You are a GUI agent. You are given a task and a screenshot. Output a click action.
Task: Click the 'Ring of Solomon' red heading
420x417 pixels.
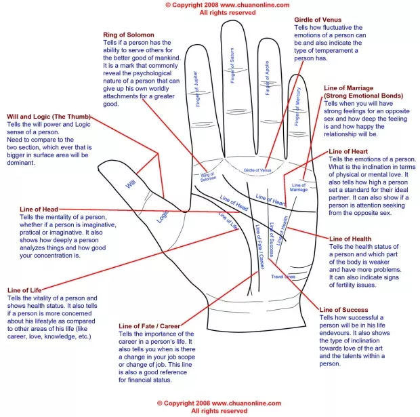pyautogui.click(x=129, y=35)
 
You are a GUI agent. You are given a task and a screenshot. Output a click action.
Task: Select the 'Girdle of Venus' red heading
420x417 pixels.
pyautogui.click(x=317, y=20)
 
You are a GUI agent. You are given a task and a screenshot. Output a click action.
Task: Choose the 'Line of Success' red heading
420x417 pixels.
pyautogui.click(x=344, y=310)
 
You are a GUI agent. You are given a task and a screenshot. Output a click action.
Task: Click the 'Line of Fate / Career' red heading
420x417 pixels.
pyautogui.click(x=149, y=326)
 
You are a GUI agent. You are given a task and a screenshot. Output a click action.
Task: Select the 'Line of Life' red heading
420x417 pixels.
pyautogui.click(x=24, y=290)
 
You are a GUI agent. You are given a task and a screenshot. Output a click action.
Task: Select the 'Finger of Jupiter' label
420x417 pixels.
pyautogui.click(x=200, y=89)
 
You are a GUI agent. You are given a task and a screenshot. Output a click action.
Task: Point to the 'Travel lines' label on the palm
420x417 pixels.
pyautogui.click(x=283, y=277)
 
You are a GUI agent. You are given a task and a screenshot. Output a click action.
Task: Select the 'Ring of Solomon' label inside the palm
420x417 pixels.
pyautogui.click(x=207, y=176)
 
